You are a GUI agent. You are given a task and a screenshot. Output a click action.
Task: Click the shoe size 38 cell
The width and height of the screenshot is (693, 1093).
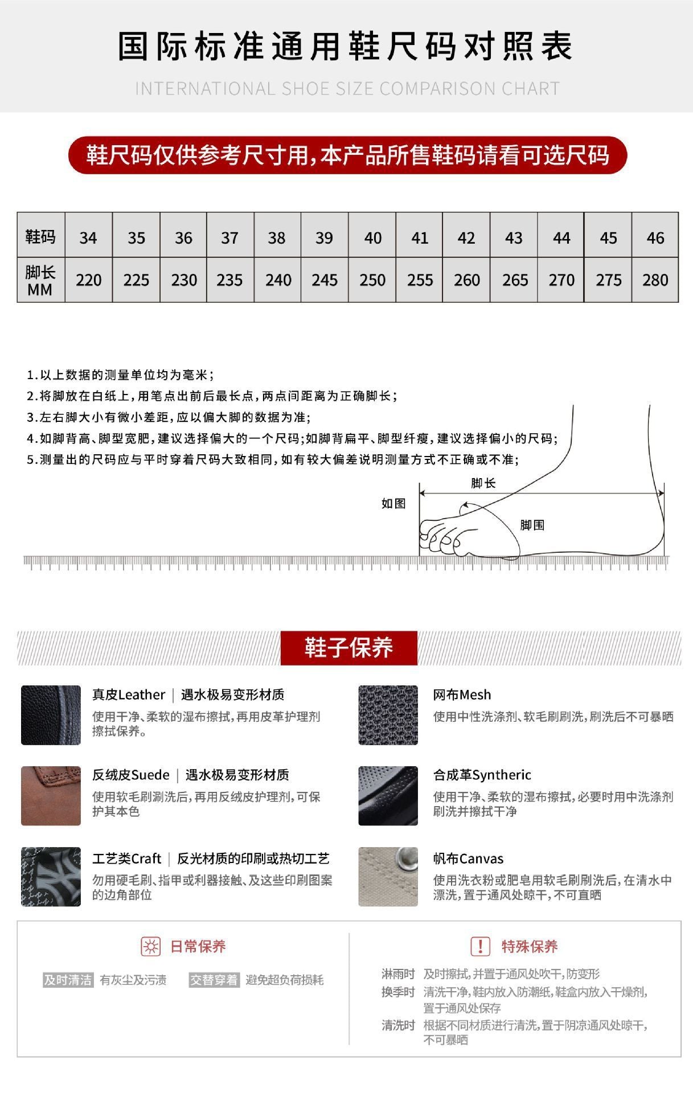click(277, 237)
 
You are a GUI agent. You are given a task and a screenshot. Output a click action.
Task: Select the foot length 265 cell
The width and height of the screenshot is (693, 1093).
click(514, 280)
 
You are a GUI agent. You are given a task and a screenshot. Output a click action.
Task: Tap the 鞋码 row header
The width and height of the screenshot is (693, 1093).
click(40, 236)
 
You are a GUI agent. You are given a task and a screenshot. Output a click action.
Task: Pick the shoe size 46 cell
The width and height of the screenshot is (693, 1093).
click(655, 237)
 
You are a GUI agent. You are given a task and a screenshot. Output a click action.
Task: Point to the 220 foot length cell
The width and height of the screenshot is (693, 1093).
click(88, 280)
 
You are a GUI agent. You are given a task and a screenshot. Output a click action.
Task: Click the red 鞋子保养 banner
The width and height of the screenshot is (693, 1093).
click(348, 648)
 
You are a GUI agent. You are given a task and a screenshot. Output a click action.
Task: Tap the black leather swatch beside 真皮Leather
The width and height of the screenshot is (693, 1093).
click(51, 715)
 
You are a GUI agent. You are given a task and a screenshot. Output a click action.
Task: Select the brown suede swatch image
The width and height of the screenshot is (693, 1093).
click(51, 795)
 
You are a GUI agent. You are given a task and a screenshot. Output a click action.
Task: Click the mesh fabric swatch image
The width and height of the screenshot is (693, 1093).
click(388, 715)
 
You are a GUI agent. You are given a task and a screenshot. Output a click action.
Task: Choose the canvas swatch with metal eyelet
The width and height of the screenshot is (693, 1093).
click(388, 876)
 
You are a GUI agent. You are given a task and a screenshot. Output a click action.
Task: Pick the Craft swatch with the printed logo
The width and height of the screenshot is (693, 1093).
click(51, 876)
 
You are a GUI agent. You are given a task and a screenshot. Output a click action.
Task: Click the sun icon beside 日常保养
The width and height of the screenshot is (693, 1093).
click(151, 946)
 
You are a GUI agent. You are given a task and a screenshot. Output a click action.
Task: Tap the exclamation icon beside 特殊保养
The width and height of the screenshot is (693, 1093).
click(480, 946)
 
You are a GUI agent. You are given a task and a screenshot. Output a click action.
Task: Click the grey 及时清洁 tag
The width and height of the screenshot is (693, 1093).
click(68, 980)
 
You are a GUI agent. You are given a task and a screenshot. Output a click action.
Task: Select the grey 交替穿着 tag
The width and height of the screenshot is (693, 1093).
click(214, 980)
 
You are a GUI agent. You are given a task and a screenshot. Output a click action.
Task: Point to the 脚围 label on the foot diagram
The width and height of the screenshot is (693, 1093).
click(532, 525)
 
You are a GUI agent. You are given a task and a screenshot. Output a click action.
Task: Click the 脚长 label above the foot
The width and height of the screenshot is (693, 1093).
click(483, 483)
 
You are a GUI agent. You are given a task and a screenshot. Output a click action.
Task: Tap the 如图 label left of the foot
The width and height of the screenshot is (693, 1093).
click(393, 503)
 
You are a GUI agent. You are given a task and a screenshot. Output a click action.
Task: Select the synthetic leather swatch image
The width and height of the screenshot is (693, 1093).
click(388, 795)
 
